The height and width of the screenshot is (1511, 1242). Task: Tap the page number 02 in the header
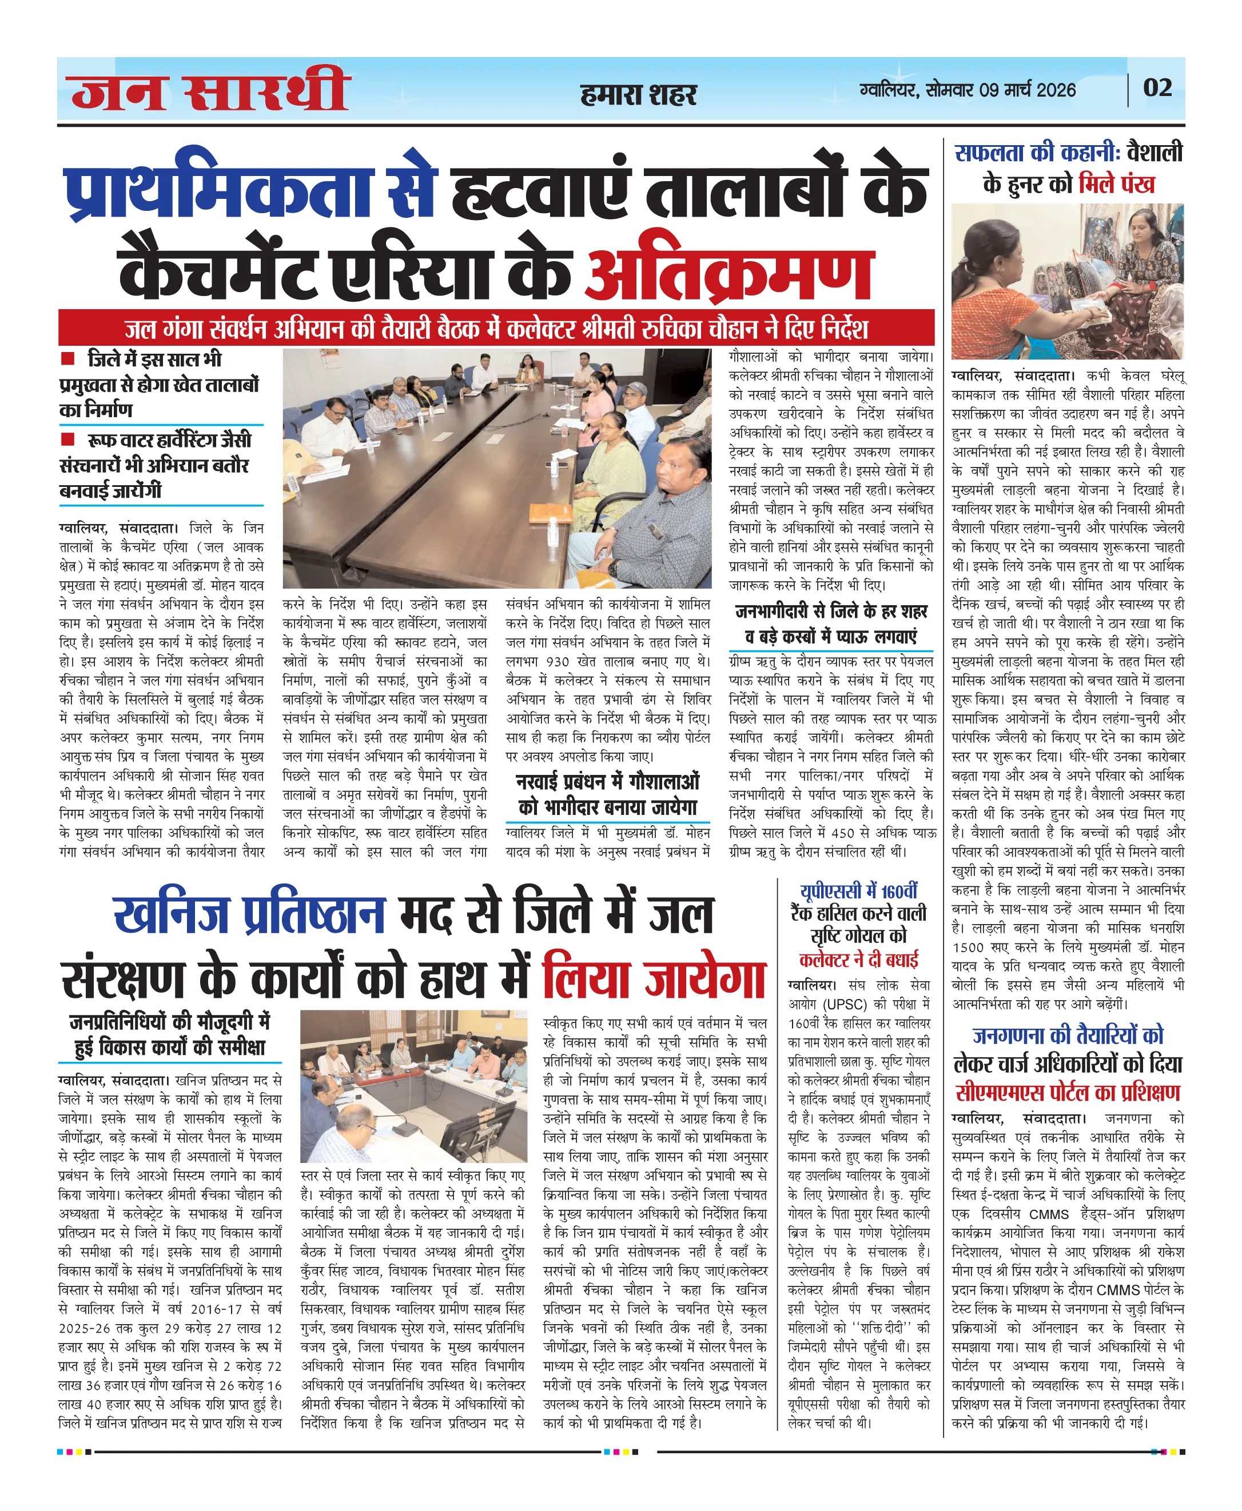coord(1157,88)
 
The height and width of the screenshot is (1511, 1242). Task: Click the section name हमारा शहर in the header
coord(638,94)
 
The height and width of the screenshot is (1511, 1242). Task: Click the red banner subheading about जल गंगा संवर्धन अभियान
coord(496,328)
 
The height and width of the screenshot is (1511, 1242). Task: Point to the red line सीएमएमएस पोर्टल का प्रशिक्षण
coord(1068,1093)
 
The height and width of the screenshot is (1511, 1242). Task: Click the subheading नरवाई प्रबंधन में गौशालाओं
coord(607,782)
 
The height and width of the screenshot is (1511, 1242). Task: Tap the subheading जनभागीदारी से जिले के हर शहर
coord(831,612)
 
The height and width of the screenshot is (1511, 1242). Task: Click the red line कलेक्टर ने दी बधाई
coord(858,960)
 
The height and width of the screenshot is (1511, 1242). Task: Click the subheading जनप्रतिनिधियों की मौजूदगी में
coord(170,1022)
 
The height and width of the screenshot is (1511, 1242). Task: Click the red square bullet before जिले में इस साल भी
coord(68,358)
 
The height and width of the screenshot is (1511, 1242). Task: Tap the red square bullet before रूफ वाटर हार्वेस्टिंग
coord(68,438)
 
